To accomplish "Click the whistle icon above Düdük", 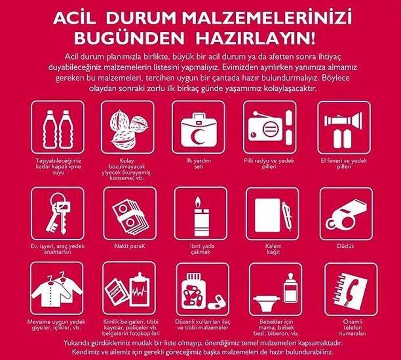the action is (x=346, y=214).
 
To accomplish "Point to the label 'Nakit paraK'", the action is (x=130, y=246).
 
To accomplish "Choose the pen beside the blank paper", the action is (x=287, y=216).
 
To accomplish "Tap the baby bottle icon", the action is (x=290, y=287).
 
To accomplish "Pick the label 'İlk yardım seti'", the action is (x=199, y=163).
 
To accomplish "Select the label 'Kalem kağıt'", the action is (x=273, y=249).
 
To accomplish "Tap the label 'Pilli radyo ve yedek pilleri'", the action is (x=269, y=164).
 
